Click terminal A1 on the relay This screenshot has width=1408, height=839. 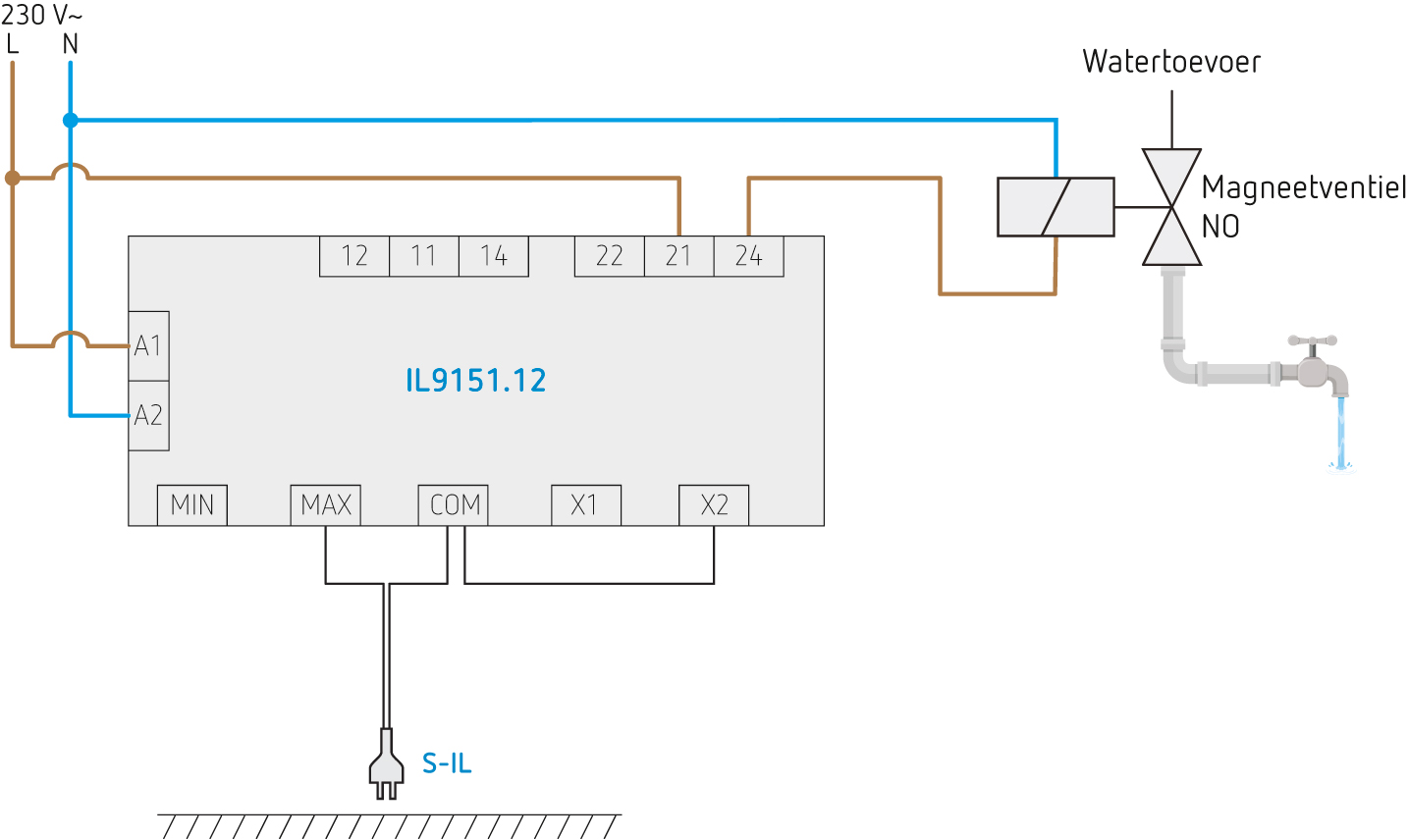148,346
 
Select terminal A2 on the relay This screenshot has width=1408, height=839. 148,416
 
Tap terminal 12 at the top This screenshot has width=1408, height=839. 354,256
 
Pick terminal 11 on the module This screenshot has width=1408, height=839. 424,256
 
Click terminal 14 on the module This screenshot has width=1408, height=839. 494,256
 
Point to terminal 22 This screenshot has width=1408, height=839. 610,256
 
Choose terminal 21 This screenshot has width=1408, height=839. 678,256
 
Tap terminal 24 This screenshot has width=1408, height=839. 748,256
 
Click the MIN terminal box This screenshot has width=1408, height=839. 192,505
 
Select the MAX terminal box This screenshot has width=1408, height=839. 326,505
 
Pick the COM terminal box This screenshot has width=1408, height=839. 454,505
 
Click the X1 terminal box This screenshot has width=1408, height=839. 585,505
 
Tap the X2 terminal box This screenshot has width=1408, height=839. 714,505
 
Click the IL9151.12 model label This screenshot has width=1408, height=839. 476,381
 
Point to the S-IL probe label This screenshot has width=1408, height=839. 447,763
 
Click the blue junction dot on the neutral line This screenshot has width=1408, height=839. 71,121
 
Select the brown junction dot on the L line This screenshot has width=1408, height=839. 12,178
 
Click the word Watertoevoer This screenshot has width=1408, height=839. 1171,62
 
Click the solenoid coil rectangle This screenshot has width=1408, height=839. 1056,207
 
